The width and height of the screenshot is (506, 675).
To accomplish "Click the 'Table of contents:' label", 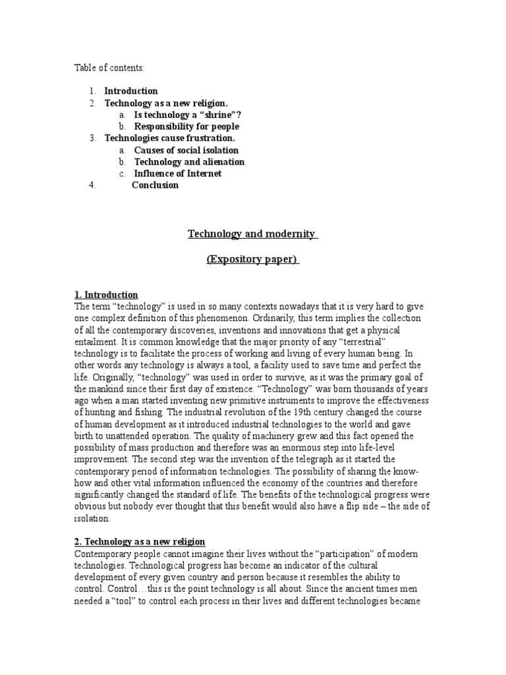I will pyautogui.click(x=109, y=67).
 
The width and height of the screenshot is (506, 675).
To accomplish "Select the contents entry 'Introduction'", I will pyautogui.click(x=131, y=91).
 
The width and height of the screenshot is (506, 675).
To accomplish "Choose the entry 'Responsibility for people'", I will pyautogui.click(x=186, y=127).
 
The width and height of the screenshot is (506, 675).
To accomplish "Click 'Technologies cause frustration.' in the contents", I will pyautogui.click(x=169, y=138).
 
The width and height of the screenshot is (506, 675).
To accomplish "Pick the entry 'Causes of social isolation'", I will pyautogui.click(x=186, y=150).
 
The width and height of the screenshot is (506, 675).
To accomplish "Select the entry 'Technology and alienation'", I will pyautogui.click(x=189, y=162).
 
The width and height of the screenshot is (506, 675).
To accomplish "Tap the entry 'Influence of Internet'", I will pyautogui.click(x=178, y=174).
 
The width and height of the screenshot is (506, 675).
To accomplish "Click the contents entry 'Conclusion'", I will pyautogui.click(x=155, y=185).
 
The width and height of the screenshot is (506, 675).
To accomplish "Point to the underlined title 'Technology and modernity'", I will pyautogui.click(x=252, y=234).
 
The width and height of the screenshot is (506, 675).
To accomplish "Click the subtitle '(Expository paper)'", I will pyautogui.click(x=252, y=260).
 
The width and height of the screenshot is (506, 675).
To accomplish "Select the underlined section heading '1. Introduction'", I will pyautogui.click(x=106, y=295).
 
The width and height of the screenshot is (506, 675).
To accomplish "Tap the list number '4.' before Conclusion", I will pyautogui.click(x=92, y=185).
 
